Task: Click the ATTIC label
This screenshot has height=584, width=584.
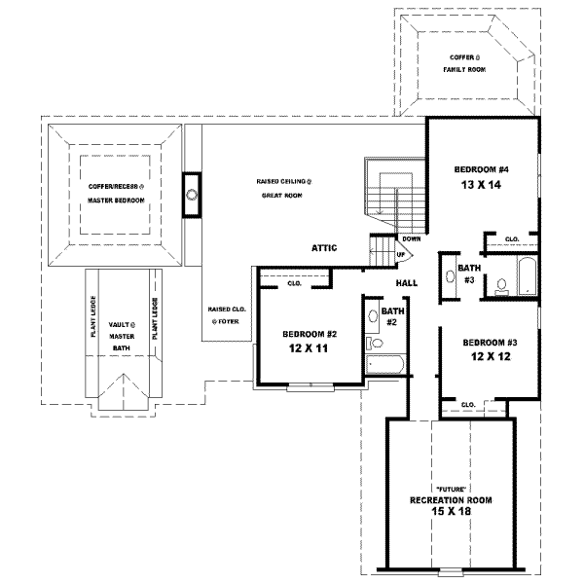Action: (x=324, y=248)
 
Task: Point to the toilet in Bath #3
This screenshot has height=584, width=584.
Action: (x=500, y=286)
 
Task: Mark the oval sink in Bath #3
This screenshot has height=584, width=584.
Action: (x=449, y=275)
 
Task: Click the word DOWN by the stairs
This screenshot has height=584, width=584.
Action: (x=411, y=238)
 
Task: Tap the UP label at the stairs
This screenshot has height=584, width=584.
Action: (x=400, y=255)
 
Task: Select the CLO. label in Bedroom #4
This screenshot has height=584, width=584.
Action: (x=511, y=238)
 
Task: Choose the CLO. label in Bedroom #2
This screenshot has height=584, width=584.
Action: (x=294, y=284)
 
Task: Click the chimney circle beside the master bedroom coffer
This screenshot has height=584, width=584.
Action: (x=193, y=193)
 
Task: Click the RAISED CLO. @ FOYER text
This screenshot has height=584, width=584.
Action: (x=225, y=314)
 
